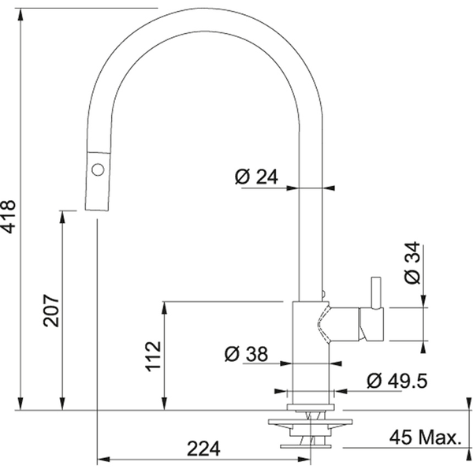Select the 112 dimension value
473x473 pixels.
[154, 356]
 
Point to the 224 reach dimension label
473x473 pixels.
[203, 449]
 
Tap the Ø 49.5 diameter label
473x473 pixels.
[397, 382]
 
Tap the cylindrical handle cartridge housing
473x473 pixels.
[371, 324]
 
